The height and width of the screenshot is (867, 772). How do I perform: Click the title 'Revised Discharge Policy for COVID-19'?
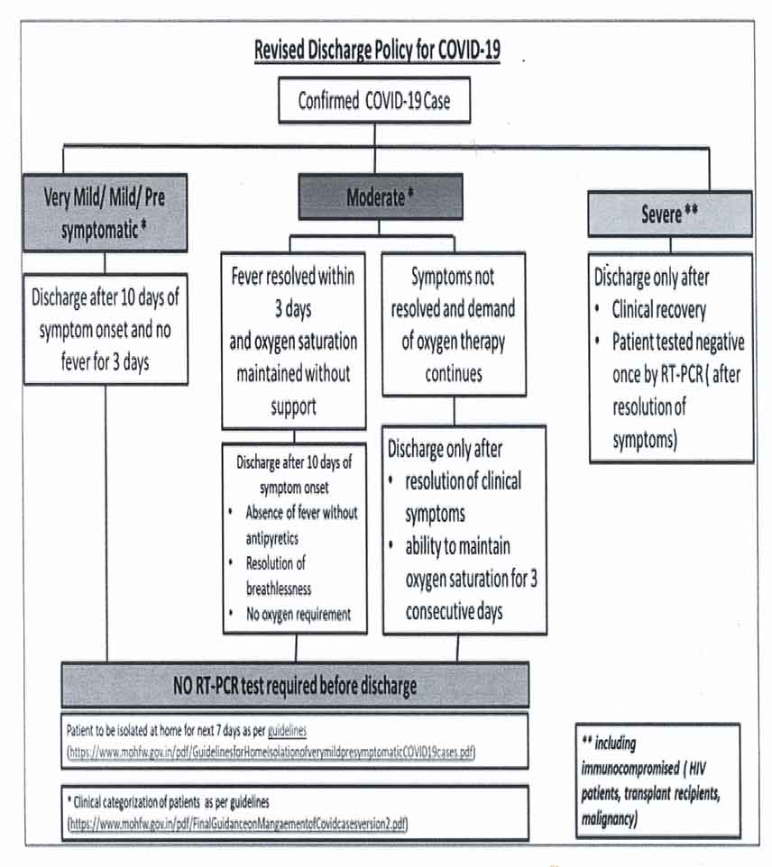click(377, 50)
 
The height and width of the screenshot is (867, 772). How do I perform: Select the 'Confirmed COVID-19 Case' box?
click(374, 100)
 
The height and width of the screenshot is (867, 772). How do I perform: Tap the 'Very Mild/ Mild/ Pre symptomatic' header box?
click(106, 213)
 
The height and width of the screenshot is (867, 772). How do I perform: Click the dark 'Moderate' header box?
click(381, 196)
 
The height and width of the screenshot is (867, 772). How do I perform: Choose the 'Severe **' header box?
click(670, 214)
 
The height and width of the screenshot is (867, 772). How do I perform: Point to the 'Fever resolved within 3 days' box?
click(293, 342)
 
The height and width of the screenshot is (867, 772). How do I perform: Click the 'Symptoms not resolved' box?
click(454, 324)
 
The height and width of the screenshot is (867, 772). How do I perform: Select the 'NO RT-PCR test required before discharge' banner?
click(295, 685)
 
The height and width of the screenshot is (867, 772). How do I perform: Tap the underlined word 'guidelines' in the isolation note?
click(287, 730)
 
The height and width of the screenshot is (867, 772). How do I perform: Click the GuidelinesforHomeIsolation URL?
click(271, 753)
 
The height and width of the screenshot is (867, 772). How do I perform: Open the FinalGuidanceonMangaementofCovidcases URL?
click(237, 824)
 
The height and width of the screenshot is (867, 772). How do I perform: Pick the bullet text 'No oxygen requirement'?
click(299, 615)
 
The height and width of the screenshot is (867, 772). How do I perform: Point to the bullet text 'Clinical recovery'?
click(659, 310)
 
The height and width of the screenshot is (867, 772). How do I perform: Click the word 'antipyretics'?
click(272, 538)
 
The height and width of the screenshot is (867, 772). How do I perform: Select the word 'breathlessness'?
click(279, 589)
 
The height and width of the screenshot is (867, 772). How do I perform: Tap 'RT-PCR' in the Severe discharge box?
click(682, 375)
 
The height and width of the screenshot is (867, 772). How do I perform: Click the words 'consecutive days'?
click(455, 612)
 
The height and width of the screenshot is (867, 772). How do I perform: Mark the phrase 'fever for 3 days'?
click(106, 362)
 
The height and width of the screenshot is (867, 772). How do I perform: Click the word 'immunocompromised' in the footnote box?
click(630, 768)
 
